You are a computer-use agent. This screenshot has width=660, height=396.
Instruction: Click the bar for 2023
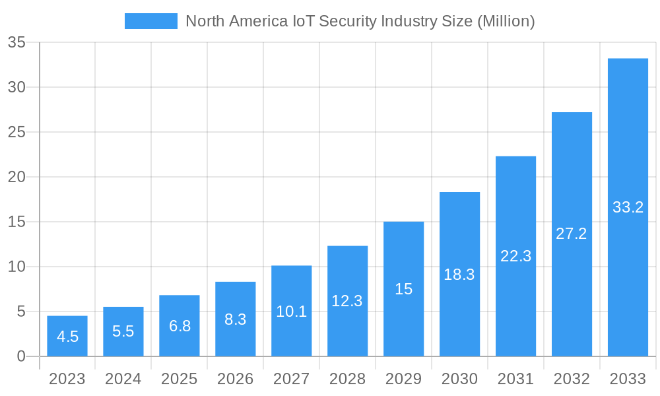click(x=67, y=336)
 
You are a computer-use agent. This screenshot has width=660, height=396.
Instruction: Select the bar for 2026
click(x=236, y=319)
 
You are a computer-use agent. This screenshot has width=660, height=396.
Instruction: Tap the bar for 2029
click(x=404, y=289)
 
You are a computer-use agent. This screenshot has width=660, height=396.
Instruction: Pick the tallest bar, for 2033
click(x=628, y=207)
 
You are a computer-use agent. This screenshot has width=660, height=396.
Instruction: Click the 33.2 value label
click(x=628, y=207)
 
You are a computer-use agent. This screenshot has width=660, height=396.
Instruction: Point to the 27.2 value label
click(x=572, y=234)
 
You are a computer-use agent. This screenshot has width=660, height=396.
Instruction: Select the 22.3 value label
click(x=515, y=256)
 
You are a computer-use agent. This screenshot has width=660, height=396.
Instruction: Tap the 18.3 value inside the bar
click(x=459, y=275)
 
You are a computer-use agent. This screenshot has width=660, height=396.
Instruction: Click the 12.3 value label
click(x=347, y=301)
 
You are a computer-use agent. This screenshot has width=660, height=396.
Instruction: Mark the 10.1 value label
click(x=291, y=312)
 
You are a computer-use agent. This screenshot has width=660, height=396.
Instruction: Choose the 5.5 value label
click(x=123, y=331)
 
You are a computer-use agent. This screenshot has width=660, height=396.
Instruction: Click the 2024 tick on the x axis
click(x=123, y=379)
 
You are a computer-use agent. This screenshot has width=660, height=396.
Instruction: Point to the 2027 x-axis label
click(x=291, y=379)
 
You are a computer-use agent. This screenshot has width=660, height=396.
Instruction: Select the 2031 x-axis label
click(x=515, y=379)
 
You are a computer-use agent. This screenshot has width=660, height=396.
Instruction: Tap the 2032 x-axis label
click(x=572, y=379)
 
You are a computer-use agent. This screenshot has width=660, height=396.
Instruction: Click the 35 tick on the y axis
click(x=16, y=43)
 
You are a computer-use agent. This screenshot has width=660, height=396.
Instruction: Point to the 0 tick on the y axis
click(x=21, y=356)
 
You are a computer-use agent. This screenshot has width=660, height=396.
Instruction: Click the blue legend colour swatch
click(x=151, y=21)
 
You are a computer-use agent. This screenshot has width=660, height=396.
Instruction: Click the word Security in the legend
click(x=347, y=21)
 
